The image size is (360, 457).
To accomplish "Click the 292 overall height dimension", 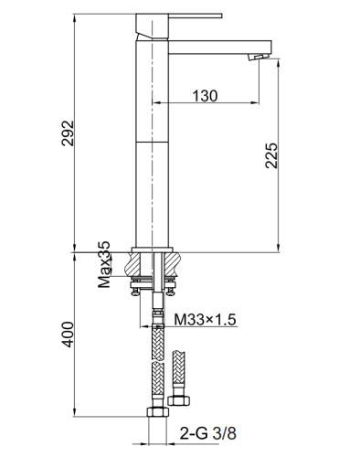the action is [68, 133].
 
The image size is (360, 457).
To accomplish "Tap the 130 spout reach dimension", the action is [205, 96].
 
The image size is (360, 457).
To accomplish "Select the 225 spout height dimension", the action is [271, 155].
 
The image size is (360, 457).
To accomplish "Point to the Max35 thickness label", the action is [104, 264].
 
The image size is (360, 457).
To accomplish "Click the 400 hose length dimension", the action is [68, 335].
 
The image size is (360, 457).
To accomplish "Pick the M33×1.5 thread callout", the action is [206, 320].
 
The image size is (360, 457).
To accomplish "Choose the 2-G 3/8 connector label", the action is [208, 433].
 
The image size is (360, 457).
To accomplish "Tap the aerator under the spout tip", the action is [259, 57].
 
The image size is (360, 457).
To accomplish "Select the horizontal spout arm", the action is [219, 48].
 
